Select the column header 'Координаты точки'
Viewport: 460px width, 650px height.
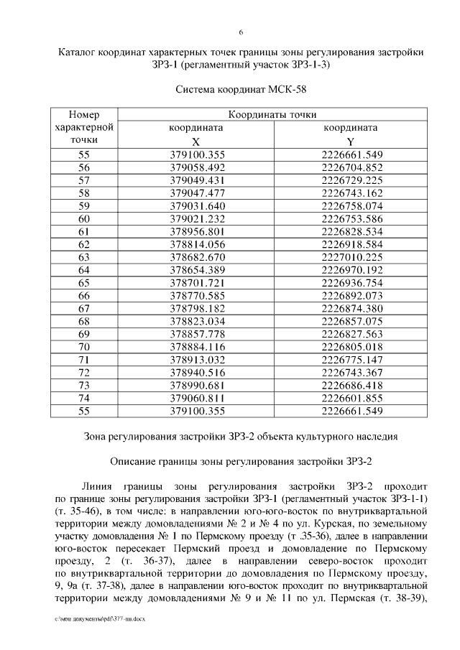click(272, 115)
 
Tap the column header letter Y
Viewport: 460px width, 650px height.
click(350, 141)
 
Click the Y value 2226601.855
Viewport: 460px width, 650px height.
click(351, 398)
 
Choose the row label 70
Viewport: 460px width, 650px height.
click(84, 346)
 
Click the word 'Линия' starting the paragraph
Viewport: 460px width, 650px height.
click(98, 486)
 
